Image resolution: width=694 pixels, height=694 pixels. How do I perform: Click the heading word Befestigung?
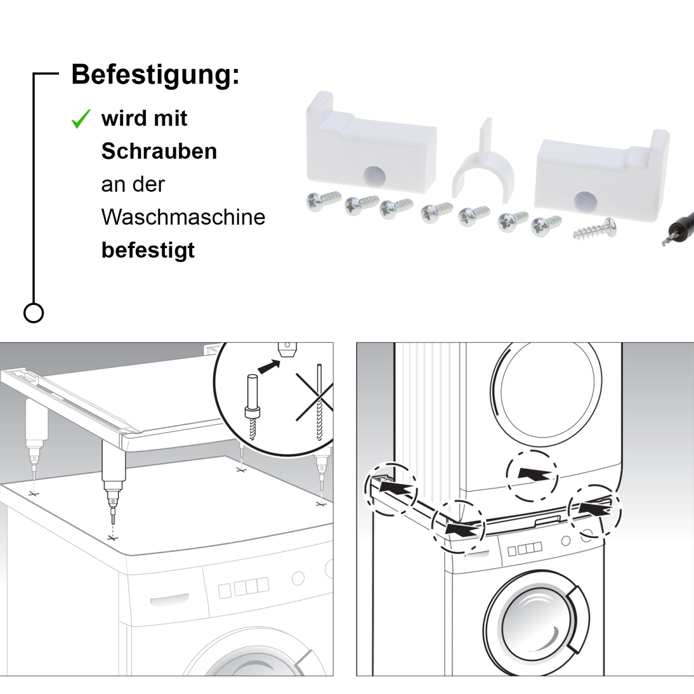point(154,76)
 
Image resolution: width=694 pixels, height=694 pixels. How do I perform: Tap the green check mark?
point(80,119)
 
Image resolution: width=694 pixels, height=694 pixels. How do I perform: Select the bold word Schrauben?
point(159,152)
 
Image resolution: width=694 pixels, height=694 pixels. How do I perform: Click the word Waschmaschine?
point(183,217)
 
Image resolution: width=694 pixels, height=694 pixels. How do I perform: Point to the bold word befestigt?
point(148,250)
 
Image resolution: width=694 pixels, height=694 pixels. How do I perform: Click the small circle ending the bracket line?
point(34,313)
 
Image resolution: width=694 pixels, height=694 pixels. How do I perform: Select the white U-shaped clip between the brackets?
point(483,165)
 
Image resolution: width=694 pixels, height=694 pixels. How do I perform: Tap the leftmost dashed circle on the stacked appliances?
point(390,489)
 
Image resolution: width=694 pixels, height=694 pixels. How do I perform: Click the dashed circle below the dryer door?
point(532,475)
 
